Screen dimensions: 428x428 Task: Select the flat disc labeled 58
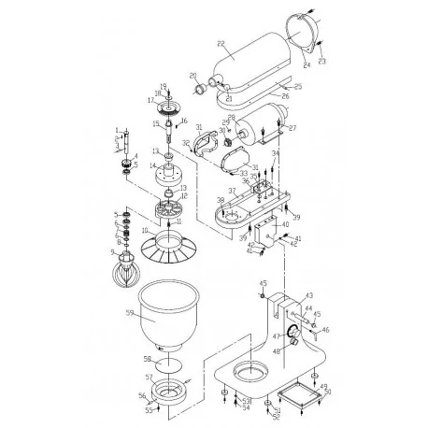(x=166, y=368)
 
